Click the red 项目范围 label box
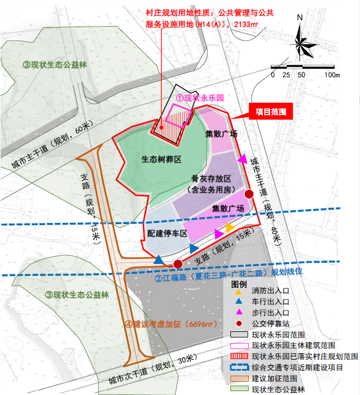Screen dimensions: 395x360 (x=271, y=111)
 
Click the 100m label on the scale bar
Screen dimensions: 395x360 (x=332, y=75)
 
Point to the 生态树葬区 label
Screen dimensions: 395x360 (x=162, y=159)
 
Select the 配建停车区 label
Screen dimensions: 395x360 (x=167, y=233)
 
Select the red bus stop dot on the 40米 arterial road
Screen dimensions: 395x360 (x=249, y=194)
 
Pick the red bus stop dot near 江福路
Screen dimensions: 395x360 (x=178, y=264)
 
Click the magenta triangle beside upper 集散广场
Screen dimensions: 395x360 (x=242, y=159)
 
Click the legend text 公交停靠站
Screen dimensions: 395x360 (x=271, y=324)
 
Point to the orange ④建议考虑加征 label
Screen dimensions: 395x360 (x=170, y=324)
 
